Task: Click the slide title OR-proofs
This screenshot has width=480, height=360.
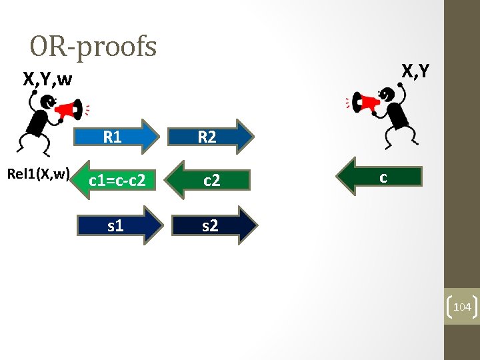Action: [93, 47]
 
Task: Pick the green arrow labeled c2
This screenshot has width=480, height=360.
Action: [210, 179]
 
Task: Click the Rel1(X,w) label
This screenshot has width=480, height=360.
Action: [38, 174]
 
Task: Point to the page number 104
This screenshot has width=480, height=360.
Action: [462, 307]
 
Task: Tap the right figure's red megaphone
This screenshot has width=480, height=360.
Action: [366, 103]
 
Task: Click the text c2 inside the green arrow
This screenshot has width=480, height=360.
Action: [211, 179]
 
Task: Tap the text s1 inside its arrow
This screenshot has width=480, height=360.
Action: [115, 225]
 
